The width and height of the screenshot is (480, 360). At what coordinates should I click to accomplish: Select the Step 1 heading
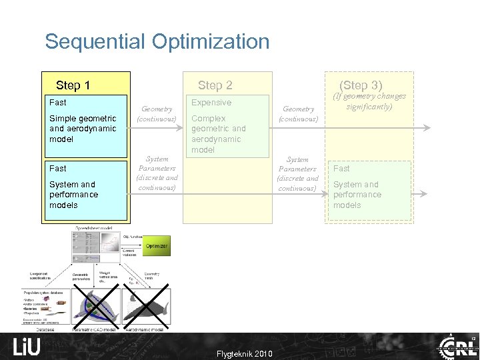73,85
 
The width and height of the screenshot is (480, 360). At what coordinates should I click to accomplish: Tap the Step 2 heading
215,85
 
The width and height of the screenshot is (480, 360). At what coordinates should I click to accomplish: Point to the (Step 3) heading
361,85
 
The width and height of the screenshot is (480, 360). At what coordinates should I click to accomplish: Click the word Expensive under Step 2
211,103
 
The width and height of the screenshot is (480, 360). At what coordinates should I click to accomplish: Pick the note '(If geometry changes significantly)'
369,101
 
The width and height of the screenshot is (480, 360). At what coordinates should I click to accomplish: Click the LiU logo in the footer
27,347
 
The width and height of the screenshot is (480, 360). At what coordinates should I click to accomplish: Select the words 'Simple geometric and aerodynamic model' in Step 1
83,129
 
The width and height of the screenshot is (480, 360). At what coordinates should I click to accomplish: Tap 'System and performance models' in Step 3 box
357,195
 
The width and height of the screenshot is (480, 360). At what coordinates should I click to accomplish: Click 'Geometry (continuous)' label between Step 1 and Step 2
157,114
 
